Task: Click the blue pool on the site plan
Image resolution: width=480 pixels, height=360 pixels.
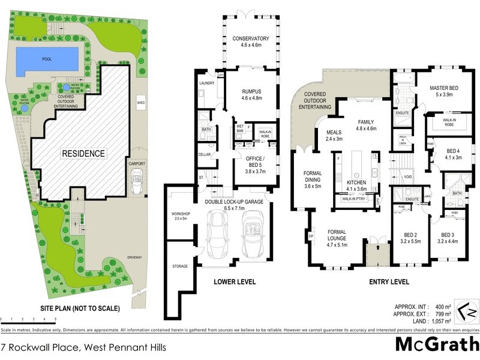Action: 47,60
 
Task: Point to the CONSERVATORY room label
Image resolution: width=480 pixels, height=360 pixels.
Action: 251,39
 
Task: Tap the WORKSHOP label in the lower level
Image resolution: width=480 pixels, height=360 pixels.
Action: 181,214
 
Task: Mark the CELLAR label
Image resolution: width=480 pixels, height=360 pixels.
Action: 205,155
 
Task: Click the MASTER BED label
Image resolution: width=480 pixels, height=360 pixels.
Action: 444,89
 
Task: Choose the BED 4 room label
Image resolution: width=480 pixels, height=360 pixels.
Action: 453,151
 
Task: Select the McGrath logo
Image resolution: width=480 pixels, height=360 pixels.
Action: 437,345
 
